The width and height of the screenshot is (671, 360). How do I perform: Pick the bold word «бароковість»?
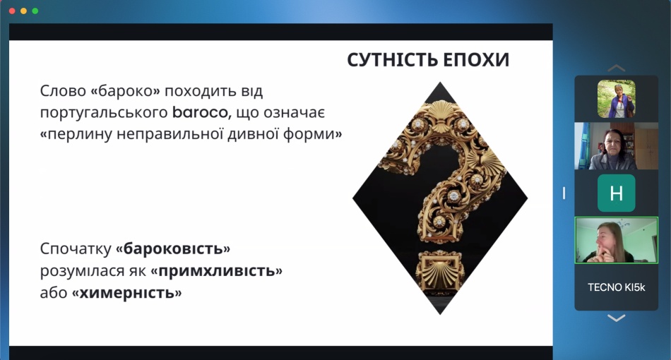pos(173,248)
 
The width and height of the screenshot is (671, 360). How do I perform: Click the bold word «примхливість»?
pos(217,270)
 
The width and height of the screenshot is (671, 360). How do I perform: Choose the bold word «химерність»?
pos(126,293)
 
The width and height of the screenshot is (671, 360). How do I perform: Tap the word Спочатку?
pos(76,249)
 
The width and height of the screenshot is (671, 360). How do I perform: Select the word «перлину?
pos(76,135)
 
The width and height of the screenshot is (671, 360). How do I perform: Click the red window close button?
pos(12,11)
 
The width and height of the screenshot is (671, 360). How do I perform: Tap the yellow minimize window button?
pos(23,11)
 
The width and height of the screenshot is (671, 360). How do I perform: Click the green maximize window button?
pos(35,11)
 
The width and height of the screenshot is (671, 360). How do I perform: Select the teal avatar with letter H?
pos(616,193)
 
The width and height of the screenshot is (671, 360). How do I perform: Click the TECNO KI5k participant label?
pos(616,287)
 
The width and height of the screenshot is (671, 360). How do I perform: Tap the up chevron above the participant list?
pos(616,68)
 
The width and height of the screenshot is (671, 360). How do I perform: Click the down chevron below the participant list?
pos(616,318)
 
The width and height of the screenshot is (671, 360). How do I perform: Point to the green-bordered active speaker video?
pos(616,240)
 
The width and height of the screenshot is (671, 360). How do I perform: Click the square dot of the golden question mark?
pos(440,272)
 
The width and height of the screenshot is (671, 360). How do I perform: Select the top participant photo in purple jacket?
pos(616,99)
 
